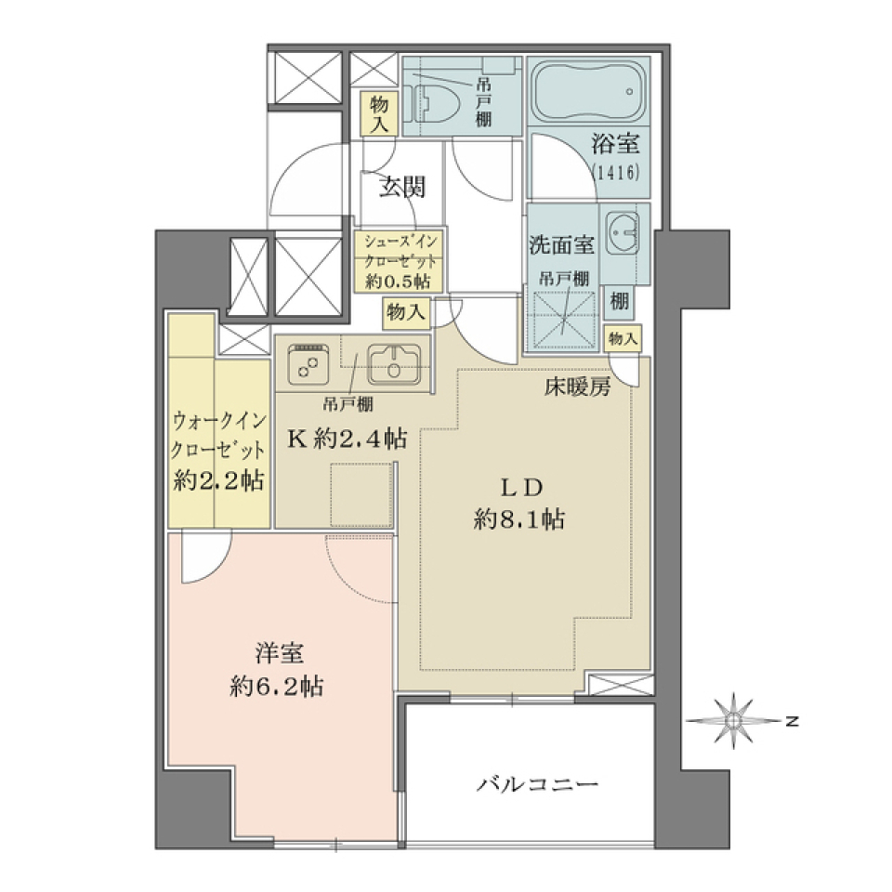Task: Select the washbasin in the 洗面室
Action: coord(621,231)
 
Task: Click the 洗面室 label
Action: coord(561,245)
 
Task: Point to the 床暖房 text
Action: coord(577,388)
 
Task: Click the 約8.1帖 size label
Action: coord(518,520)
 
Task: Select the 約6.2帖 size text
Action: coord(278,687)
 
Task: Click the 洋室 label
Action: coord(278,654)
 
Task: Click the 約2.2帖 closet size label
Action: coord(218,480)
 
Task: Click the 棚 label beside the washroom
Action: coord(619,300)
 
